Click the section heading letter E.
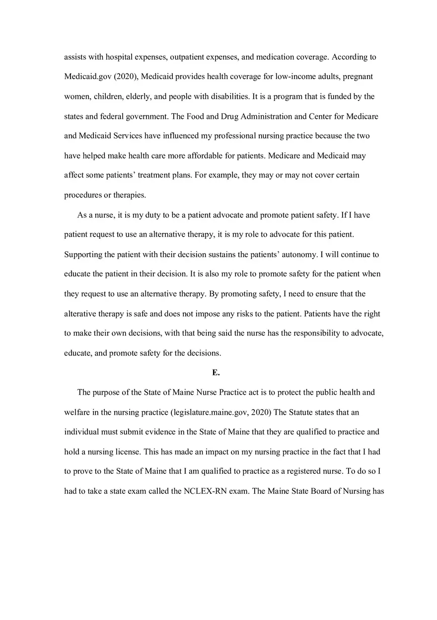[x=216, y=372]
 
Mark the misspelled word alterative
[x=80, y=314]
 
